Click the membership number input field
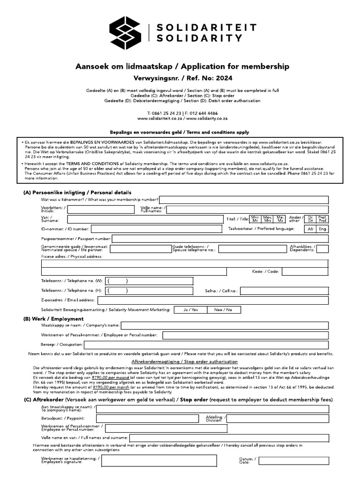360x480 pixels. coord(244,200)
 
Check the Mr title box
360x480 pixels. coord(255,219)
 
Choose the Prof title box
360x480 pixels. coord(322,219)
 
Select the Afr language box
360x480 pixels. coord(310,229)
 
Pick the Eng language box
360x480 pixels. coord(322,229)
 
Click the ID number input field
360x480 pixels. coord(156,229)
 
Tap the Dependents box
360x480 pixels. coord(322,249)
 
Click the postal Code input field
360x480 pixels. coord(305,271)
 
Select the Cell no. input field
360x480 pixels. coord(284,291)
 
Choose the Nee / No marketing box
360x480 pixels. coord(223,310)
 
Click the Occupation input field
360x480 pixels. coord(207,345)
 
